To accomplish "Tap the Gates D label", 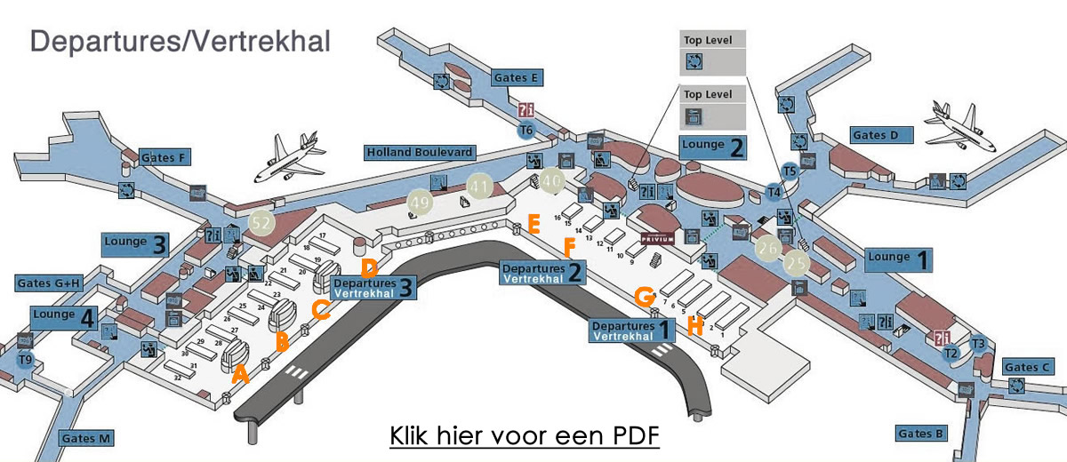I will [x=881, y=135].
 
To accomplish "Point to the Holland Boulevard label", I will [x=420, y=153].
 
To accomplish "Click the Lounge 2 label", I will [x=712, y=147].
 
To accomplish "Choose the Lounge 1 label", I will [x=900, y=259].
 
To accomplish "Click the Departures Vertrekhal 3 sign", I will [x=373, y=286].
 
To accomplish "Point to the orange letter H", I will [x=695, y=326].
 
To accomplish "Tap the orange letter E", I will [x=533, y=223].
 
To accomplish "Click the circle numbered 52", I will [x=261, y=224].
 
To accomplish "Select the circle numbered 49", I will [x=421, y=203].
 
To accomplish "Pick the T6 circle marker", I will [x=526, y=130].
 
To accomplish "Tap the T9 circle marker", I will [x=27, y=360].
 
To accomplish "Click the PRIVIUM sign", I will [x=658, y=240].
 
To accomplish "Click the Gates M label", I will [x=86, y=438].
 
